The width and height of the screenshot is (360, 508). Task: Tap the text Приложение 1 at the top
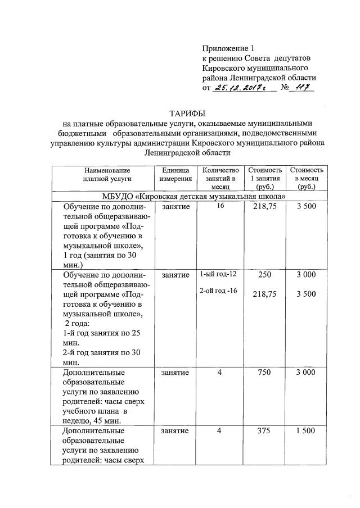226,48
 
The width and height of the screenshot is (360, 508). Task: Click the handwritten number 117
303,88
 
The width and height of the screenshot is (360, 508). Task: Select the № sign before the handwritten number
285,88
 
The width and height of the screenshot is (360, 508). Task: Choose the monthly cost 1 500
306,430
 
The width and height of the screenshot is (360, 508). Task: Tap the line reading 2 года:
79,324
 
